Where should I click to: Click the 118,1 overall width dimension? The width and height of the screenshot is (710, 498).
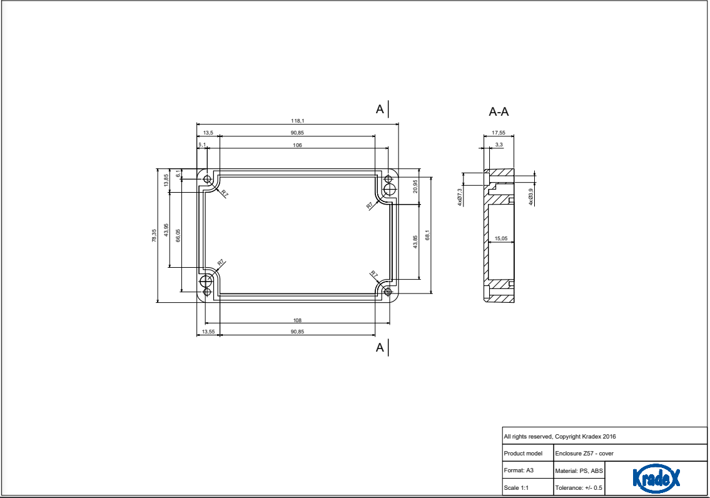point(297,120)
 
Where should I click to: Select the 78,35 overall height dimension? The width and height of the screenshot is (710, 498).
point(154,235)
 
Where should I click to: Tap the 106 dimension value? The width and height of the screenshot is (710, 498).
point(297,145)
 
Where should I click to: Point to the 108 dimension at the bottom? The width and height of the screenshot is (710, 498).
point(297,320)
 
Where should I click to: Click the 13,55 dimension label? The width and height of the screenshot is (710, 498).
point(208,332)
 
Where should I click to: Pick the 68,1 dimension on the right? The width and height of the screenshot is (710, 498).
point(427,235)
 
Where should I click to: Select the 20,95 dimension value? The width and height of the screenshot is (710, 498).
point(415,186)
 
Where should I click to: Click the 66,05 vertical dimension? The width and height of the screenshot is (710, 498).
point(178,235)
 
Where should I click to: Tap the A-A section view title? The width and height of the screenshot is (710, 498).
point(499,112)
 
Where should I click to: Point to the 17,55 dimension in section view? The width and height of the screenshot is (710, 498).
point(499,133)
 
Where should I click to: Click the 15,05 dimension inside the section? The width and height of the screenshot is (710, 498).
point(500,238)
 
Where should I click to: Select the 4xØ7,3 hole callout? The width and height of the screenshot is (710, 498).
point(460,197)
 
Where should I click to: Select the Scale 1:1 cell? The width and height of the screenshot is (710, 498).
point(516,487)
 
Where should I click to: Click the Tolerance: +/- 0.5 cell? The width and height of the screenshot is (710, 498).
point(579,487)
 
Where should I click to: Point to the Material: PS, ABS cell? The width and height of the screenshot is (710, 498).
point(579,470)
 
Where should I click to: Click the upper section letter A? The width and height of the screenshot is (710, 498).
point(379,109)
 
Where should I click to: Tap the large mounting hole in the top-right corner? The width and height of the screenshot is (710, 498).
point(389,190)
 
